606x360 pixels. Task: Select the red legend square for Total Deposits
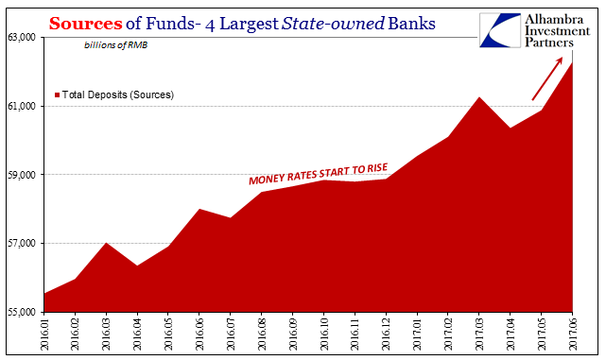[x=58, y=95]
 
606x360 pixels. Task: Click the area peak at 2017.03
[x=479, y=97]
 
